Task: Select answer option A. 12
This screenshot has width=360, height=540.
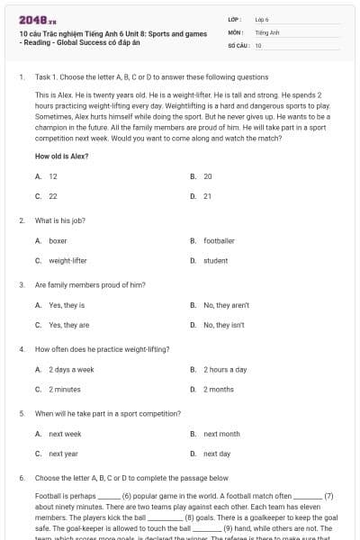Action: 53,176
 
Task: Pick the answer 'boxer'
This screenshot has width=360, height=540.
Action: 58,241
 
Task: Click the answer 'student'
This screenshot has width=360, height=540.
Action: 215,260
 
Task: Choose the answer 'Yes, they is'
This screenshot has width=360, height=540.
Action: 67,305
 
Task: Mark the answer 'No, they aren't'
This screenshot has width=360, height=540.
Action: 226,305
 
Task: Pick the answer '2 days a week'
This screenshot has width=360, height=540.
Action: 71,369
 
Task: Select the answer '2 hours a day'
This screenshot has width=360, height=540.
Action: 225,369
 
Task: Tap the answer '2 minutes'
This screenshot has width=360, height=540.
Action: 64,389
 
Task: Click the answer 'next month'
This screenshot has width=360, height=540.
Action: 221,434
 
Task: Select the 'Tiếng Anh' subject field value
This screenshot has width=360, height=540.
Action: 267,31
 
